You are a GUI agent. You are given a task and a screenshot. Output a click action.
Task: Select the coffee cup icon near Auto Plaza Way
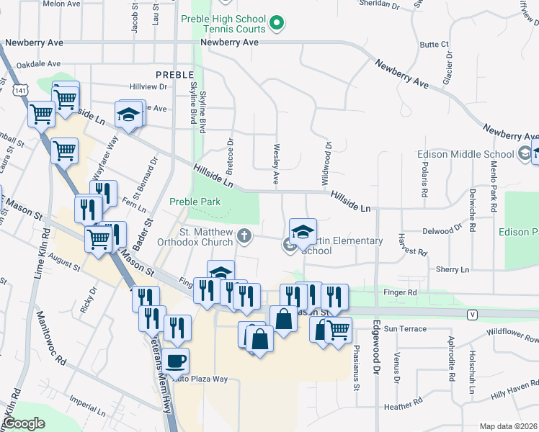pos(175,359)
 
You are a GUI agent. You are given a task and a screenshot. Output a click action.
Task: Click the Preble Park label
pos(195,202)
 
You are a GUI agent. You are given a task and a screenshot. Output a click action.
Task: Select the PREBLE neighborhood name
pos(174,74)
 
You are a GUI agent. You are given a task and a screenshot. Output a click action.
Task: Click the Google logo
pos(23,424)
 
